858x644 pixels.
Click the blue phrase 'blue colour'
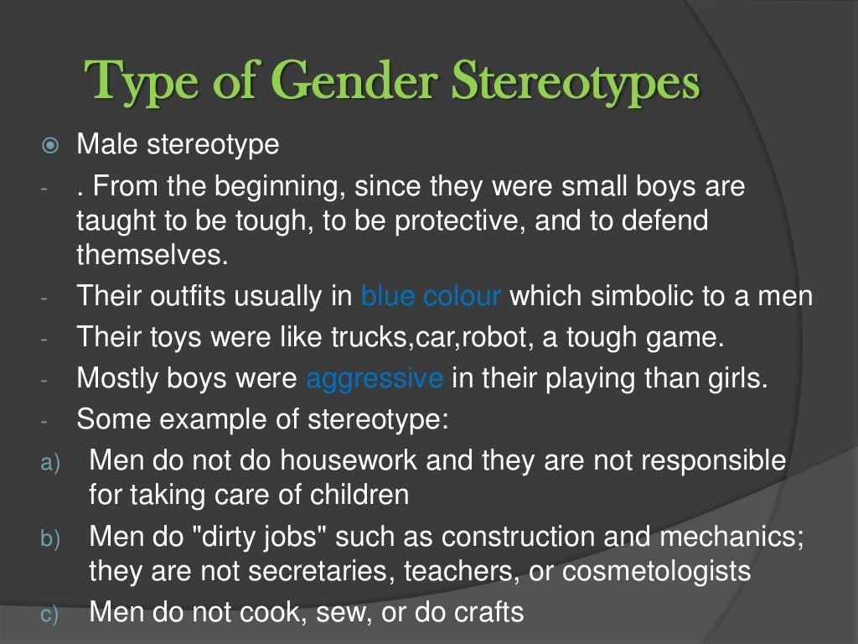[431, 296]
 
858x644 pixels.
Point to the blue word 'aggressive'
[375, 378]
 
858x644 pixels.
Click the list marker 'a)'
[50, 462]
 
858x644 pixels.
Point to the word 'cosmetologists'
[656, 571]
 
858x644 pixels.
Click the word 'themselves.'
[152, 255]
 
